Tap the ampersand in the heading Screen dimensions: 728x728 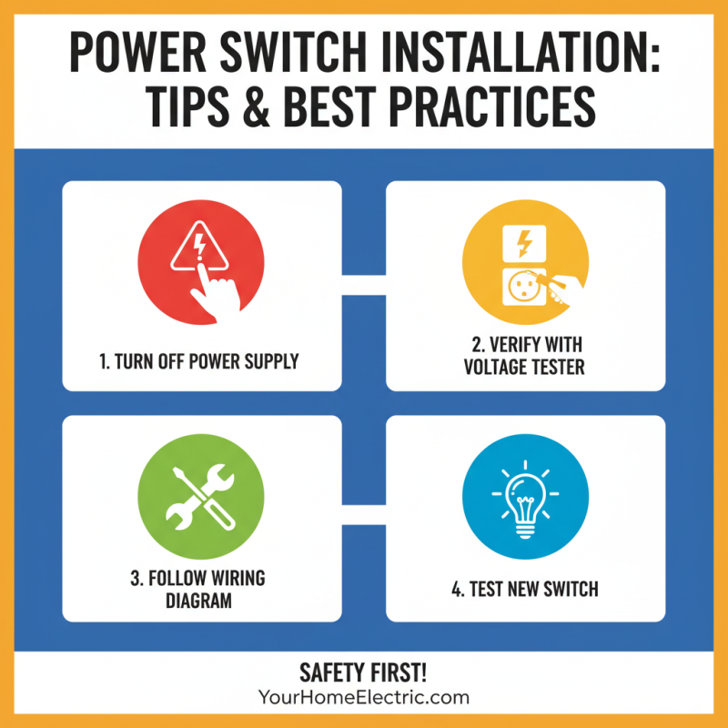[274, 107]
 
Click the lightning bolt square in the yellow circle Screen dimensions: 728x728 [524, 243]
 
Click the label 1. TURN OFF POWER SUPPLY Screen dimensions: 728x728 [200, 361]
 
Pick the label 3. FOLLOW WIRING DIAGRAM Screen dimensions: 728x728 [200, 590]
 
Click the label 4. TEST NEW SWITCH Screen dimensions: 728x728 [525, 589]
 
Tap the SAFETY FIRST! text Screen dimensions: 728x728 [364, 673]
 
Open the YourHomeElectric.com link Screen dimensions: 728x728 [364, 698]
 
